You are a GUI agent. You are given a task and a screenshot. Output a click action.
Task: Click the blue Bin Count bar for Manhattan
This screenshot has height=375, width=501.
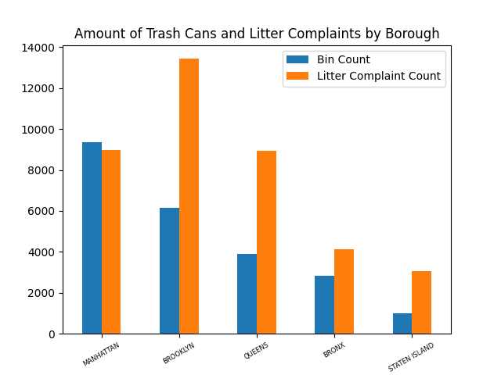click(x=92, y=238)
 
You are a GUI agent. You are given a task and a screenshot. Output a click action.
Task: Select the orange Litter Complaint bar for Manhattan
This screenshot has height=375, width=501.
click(x=111, y=242)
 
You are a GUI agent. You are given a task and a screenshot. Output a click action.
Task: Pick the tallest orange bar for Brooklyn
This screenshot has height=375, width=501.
click(x=189, y=196)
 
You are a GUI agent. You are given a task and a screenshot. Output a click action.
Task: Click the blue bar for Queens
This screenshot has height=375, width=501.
click(x=247, y=294)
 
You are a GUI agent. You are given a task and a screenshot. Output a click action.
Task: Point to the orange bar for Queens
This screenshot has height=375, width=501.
click(x=266, y=242)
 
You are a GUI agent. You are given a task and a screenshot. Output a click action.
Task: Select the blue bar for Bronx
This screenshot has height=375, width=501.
click(x=324, y=305)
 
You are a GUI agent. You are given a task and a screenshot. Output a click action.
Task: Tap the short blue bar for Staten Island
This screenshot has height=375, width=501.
click(x=402, y=323)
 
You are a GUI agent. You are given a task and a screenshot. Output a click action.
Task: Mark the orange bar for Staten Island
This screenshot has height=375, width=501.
click(x=421, y=302)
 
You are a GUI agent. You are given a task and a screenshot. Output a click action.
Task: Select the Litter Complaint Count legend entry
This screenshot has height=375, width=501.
click(x=378, y=77)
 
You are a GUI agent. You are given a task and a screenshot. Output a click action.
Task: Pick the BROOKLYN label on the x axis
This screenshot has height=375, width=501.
click(x=178, y=354)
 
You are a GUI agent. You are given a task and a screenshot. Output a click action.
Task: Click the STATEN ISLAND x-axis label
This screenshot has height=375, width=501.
click(x=411, y=357)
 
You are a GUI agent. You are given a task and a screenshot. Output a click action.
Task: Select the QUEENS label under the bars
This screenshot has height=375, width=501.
click(x=256, y=351)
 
